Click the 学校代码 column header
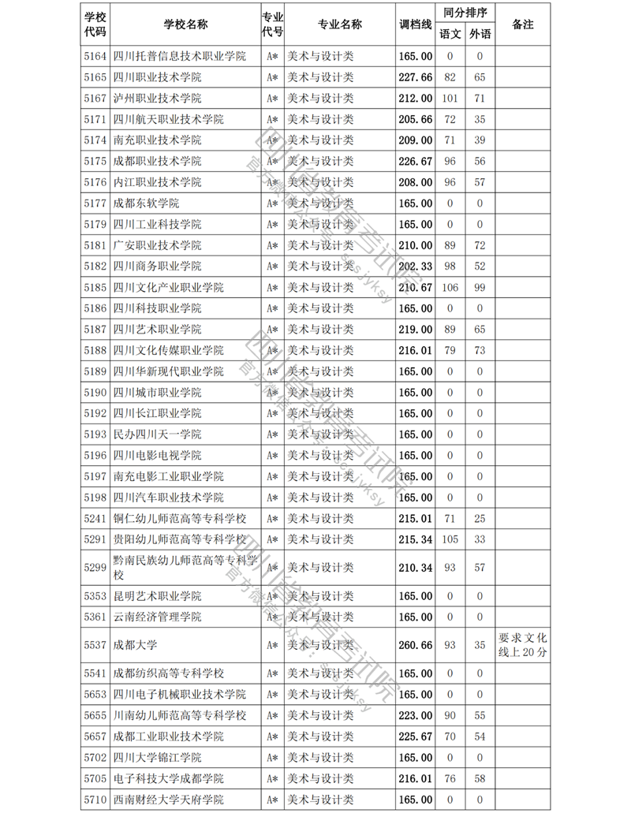click(95, 24)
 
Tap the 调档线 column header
click(416, 24)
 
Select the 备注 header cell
click(523, 24)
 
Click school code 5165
click(95, 77)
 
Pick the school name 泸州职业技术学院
click(157, 99)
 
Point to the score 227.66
click(416, 77)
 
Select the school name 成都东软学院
click(146, 203)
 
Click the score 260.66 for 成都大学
click(416, 645)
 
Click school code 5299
click(95, 568)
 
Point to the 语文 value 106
click(450, 287)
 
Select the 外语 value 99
click(479, 287)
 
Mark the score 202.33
click(416, 267)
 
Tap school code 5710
click(95, 800)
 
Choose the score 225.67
click(416, 737)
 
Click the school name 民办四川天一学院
click(157, 434)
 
